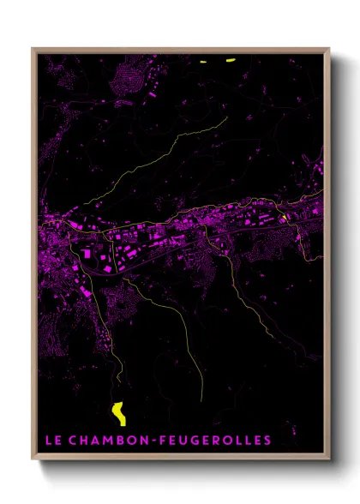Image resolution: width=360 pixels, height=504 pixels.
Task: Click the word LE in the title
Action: click(x=51, y=440)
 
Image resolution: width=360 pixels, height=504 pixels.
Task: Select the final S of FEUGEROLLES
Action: click(x=267, y=440)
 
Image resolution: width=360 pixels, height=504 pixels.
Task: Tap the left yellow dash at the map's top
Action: click(x=204, y=61)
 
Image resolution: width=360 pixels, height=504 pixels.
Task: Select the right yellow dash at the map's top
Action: click(x=230, y=60)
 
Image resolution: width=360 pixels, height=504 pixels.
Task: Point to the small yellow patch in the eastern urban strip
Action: click(x=282, y=219)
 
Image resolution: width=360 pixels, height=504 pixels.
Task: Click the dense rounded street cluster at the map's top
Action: click(x=129, y=74)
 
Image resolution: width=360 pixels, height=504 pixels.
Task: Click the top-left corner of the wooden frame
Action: click(x=33, y=50)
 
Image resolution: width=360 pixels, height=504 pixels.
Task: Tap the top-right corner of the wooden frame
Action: click(x=328, y=50)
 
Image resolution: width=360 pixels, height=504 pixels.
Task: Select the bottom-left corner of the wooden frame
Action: click(x=33, y=459)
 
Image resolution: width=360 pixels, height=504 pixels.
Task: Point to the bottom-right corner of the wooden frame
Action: click(x=328, y=459)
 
